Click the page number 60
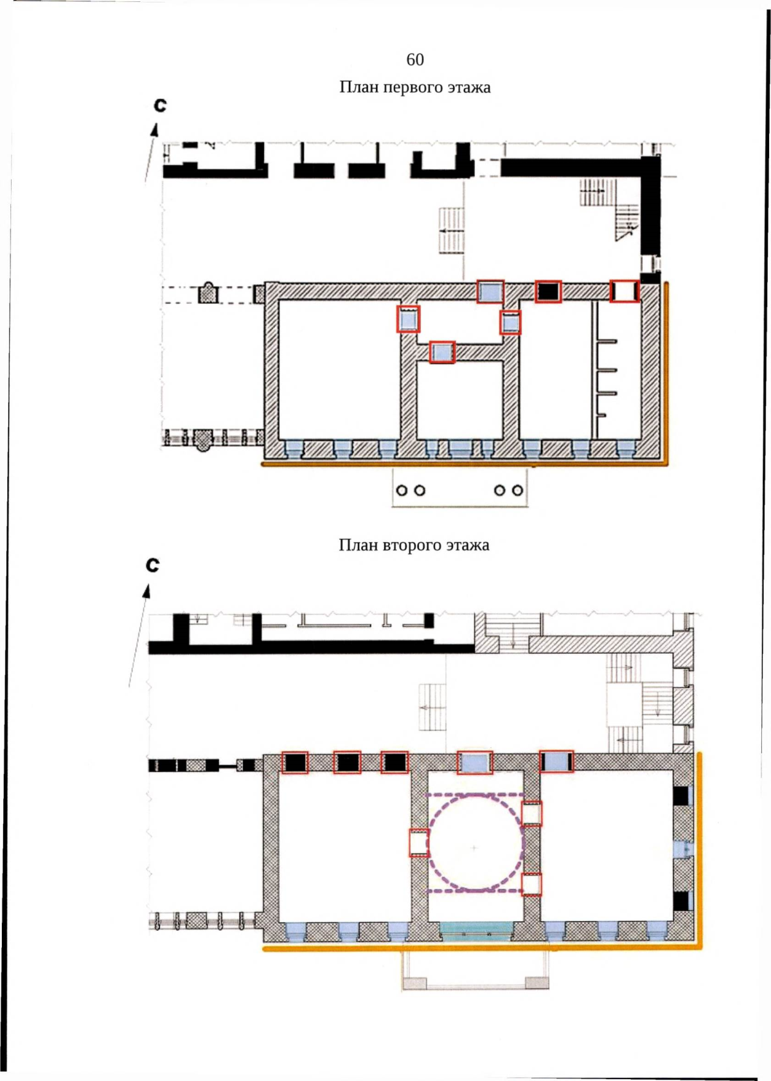point(415,59)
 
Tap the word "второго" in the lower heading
point(412,545)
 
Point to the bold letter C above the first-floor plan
point(160,105)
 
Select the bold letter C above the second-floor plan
point(153,565)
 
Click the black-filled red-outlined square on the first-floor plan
point(548,292)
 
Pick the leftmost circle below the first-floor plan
point(402,490)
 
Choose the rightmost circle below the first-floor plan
point(518,490)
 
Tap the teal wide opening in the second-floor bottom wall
point(477,928)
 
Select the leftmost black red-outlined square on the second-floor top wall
point(295,762)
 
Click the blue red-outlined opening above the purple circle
point(475,762)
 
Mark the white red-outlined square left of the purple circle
point(418,843)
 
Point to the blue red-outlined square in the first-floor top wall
point(490,292)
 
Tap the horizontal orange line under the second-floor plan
point(482,947)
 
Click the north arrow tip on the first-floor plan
point(156,124)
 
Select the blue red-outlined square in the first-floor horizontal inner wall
point(442,352)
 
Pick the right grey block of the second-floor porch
point(537,983)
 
